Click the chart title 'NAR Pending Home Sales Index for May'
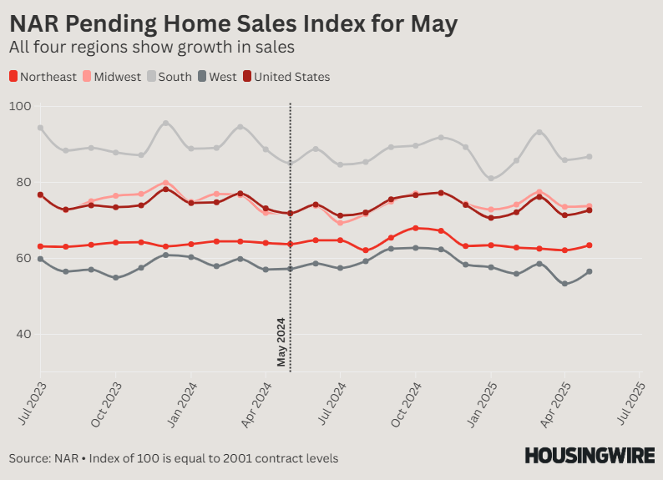233,24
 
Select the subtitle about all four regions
152,48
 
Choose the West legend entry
217,77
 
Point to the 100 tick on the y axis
20,107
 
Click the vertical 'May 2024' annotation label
282,342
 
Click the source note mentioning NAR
174,458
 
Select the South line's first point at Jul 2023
40,128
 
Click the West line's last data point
590,271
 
